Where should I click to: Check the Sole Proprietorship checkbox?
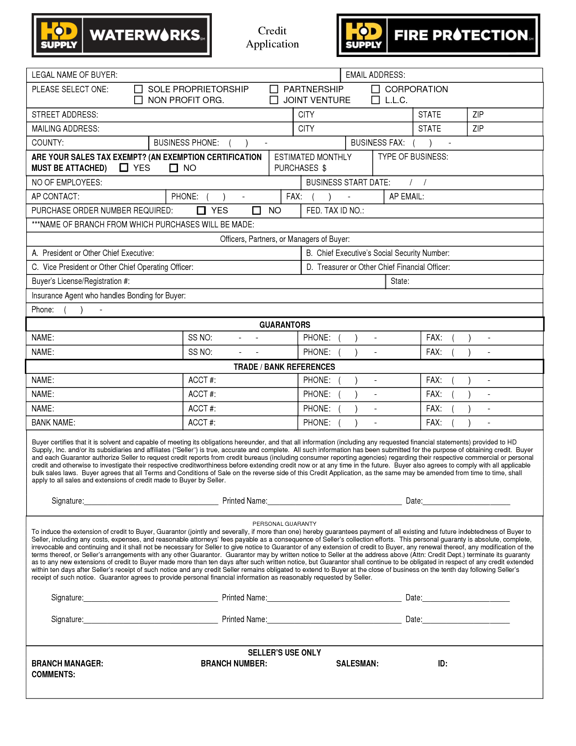coord(139,90)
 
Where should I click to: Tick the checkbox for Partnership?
coord(274,90)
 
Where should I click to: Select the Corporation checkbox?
coord(375,90)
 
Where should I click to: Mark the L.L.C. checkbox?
coord(375,100)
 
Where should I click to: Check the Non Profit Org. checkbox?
coord(139,100)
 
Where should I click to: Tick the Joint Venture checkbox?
coord(274,100)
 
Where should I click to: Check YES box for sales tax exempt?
coord(124,168)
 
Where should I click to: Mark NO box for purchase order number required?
coord(257,211)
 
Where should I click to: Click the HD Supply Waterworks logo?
coord(122,35)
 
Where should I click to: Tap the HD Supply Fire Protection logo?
coord(438,35)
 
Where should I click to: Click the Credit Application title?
coord(272,38)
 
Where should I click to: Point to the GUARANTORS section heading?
coord(285,325)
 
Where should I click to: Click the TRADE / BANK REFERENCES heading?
coord(284,367)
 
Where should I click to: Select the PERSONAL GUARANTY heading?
coord(284,524)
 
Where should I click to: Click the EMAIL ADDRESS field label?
coord(375,75)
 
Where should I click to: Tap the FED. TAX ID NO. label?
coord(335,211)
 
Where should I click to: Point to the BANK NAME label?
coord(53,423)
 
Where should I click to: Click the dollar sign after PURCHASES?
coord(324,168)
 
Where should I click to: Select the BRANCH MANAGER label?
coord(67,664)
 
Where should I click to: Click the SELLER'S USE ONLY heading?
coord(284,653)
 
